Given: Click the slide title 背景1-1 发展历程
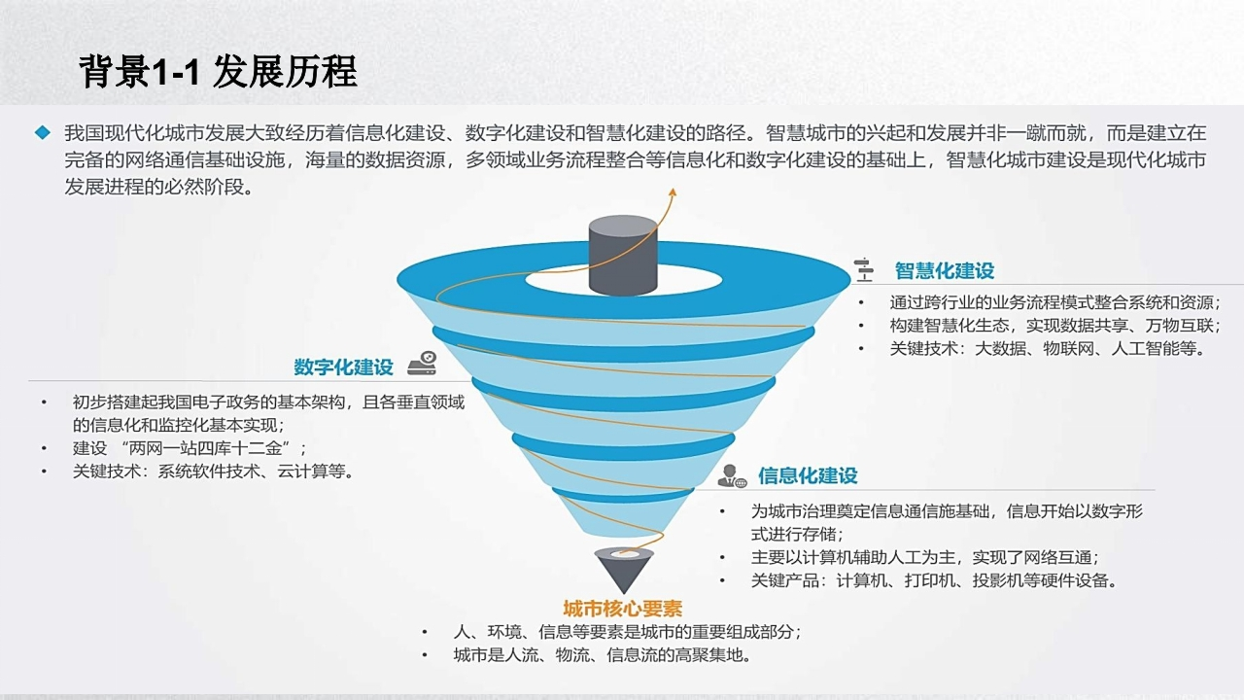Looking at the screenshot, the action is pos(218,72).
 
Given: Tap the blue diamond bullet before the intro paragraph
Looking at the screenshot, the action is pos(43,133).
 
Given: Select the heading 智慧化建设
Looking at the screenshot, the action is pos(944,271).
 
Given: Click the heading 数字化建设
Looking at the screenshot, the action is pos(343,367).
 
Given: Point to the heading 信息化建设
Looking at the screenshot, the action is pos(808,475).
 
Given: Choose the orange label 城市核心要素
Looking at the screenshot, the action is pos(623,609).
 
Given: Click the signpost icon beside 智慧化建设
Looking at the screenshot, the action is pos(864,270).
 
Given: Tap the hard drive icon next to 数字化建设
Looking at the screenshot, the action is pos(422,363).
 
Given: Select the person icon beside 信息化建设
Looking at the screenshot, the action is pos(732,476).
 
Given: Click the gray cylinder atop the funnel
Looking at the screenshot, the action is pos(623,255).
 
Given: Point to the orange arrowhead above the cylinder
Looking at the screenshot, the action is pos(673,192).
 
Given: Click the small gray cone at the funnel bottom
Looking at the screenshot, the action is pos(623,571).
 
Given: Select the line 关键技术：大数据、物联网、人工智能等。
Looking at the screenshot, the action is pos(1048,349).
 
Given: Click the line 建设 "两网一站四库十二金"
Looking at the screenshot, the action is pos(190,448).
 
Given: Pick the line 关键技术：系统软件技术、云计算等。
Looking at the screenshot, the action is pos(213,472).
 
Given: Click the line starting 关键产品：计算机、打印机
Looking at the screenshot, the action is pos(934,580).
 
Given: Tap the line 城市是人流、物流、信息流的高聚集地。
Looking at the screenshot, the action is pos(603,655).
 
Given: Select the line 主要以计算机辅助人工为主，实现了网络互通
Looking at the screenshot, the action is pos(925,557).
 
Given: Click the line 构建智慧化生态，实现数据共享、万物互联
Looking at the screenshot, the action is pos(1055,326).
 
